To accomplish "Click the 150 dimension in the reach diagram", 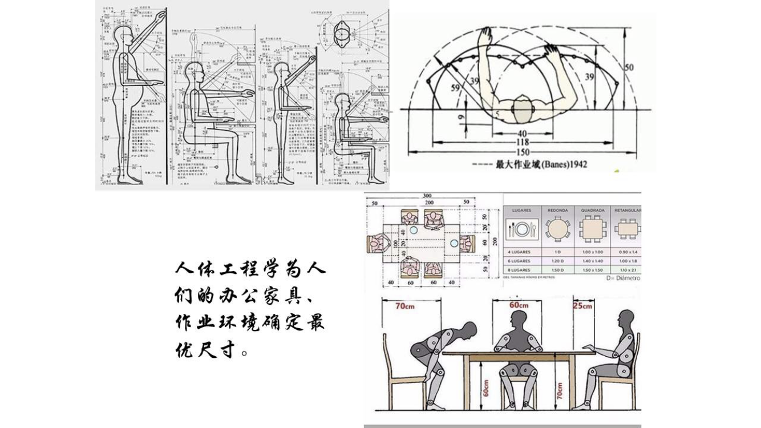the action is point(522,152).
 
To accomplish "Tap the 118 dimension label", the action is point(522,142).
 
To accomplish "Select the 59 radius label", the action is point(455,88).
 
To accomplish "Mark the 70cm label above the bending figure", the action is point(405,306).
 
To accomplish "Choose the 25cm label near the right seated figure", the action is point(583,306).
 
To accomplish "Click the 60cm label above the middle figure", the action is point(519,305).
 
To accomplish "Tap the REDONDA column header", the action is point(557,210).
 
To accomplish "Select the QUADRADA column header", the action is point(592,210).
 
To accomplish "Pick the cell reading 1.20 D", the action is point(557,261).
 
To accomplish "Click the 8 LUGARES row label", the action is point(519,269).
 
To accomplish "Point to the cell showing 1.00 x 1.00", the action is point(592,252).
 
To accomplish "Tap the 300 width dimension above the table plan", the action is point(427,196).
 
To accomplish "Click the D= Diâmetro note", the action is point(624,278).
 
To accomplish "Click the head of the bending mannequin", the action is point(469,329).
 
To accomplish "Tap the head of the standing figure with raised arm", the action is point(124,37).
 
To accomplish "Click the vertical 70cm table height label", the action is point(560,390).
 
